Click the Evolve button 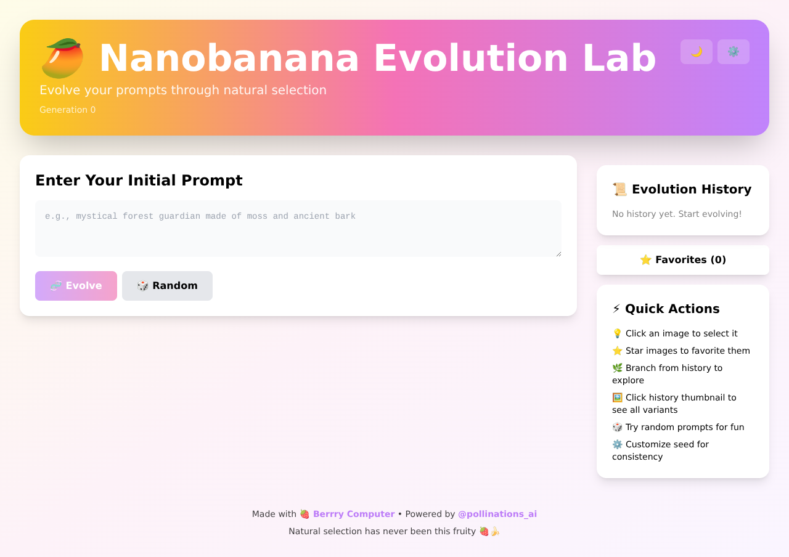click(76, 286)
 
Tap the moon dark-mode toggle click(697, 52)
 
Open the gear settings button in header click(734, 52)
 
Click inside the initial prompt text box click(298, 229)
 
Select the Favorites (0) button click(683, 260)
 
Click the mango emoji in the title click(62, 59)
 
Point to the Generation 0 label click(68, 110)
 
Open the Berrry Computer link click(353, 514)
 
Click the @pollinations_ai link click(497, 514)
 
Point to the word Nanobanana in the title click(229, 59)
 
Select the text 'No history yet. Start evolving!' click(677, 214)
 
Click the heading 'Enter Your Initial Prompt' click(139, 181)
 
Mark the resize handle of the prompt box click(558, 254)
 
